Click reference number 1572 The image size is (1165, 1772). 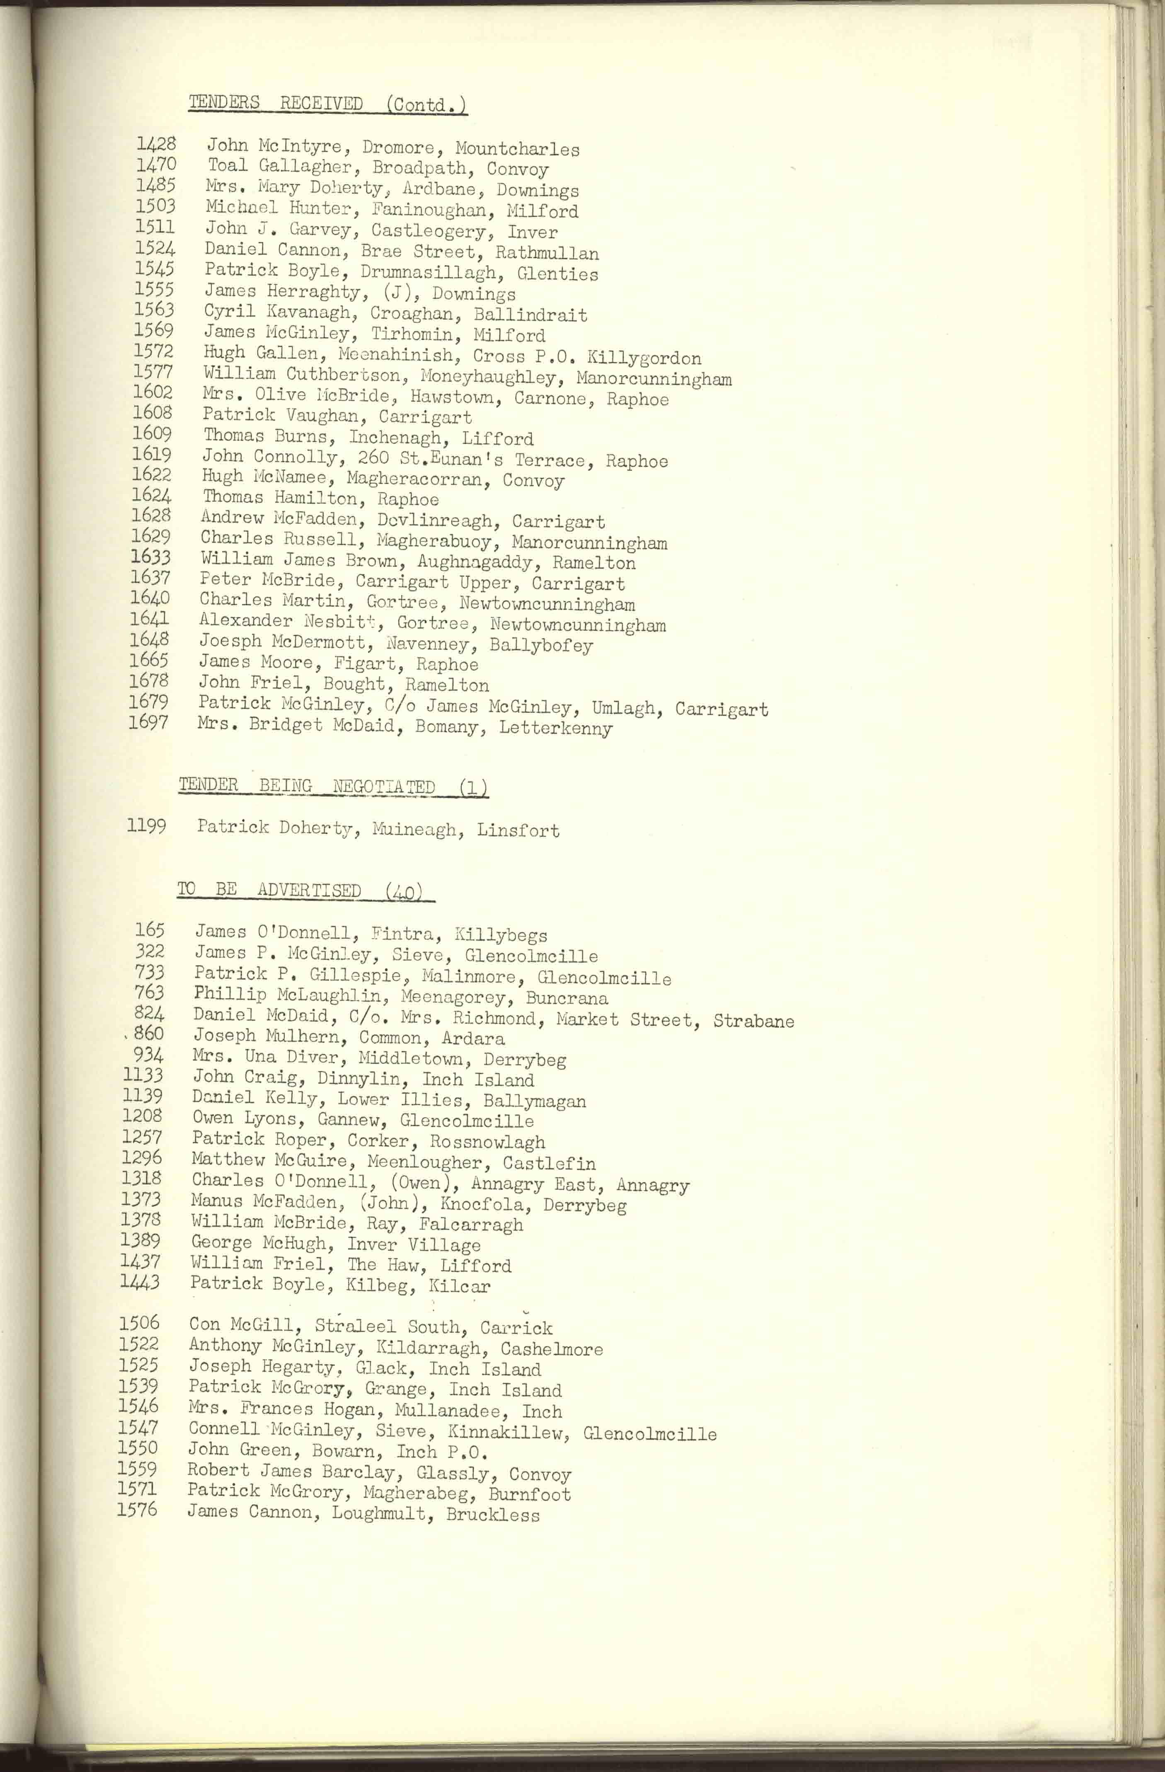tap(153, 351)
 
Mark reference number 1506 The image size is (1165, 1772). tap(139, 1322)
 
